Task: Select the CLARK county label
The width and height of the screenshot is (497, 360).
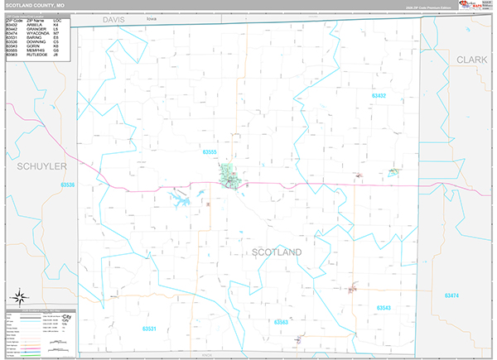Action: pos(471,60)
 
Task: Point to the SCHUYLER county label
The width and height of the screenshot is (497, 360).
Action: pos(34,166)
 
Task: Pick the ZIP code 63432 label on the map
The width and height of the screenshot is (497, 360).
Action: pos(379,96)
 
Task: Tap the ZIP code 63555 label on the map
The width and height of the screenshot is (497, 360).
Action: pos(209,152)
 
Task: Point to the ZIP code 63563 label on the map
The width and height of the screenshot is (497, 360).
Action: pos(281,321)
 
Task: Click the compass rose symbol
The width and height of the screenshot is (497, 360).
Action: pos(18,297)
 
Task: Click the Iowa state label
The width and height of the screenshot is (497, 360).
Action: pos(151,17)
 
